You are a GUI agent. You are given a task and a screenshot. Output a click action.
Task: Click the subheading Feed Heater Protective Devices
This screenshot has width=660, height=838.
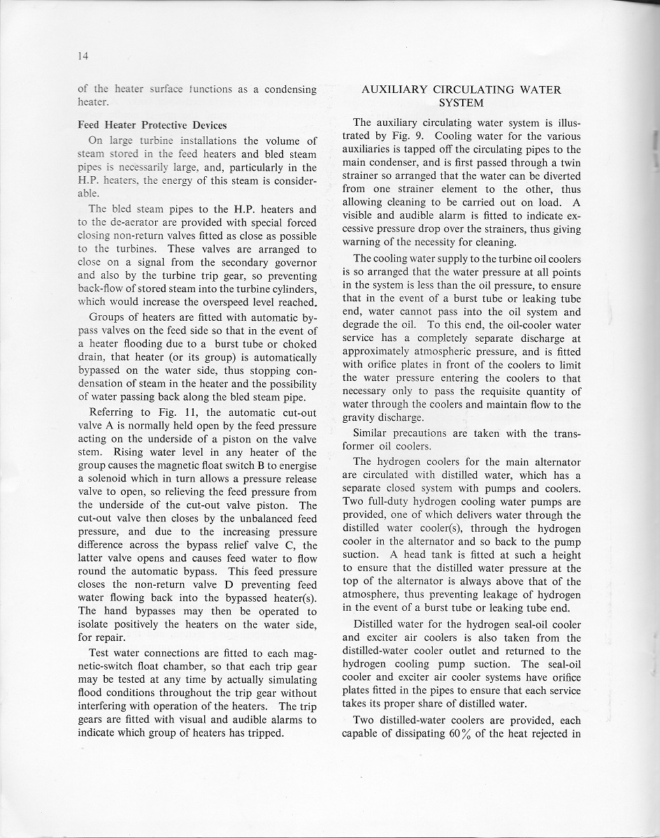(152, 125)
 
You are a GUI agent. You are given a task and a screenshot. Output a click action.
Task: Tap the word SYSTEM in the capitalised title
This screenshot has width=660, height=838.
(461, 103)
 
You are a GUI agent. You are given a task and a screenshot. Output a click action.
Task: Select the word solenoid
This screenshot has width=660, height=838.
(101, 479)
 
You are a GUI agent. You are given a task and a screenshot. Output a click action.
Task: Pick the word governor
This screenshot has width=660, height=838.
(294, 262)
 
